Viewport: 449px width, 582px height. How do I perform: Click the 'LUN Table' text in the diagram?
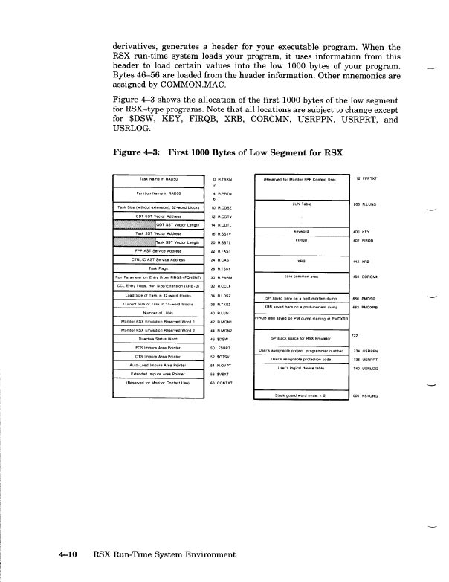[x=297, y=203]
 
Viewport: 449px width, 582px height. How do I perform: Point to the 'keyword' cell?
[x=297, y=231]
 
